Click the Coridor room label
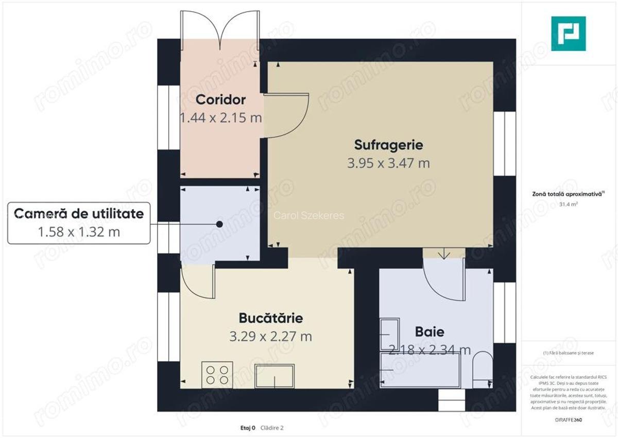(x=220, y=99)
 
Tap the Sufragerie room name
(x=388, y=144)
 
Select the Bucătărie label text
(x=270, y=318)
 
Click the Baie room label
(x=430, y=332)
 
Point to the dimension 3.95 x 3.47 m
(x=388, y=163)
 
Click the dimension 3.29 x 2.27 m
(x=270, y=337)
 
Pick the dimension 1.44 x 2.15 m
(x=220, y=118)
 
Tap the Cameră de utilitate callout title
(x=79, y=213)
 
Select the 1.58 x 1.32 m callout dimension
(x=79, y=232)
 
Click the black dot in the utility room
(x=220, y=224)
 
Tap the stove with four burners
(x=217, y=375)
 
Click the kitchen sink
(x=275, y=376)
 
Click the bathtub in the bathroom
(x=420, y=370)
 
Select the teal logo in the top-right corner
(x=568, y=33)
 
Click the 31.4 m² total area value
(x=568, y=204)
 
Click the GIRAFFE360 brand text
(x=568, y=420)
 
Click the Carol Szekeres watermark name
(x=308, y=216)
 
